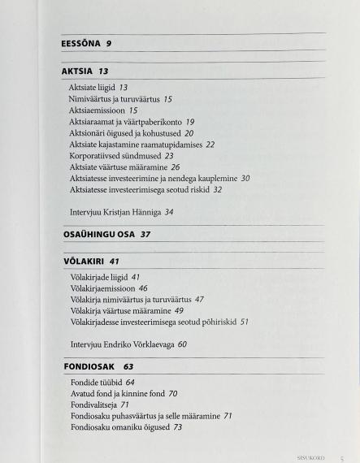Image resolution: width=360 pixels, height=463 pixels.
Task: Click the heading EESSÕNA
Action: [x=80, y=44]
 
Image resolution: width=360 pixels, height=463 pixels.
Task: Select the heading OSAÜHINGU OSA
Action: [x=99, y=234]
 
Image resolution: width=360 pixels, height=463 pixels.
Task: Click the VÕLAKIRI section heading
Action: [x=84, y=262]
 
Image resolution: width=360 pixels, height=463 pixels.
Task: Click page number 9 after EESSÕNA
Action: [x=108, y=44]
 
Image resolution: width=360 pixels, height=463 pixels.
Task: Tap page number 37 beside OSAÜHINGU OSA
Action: [x=145, y=234]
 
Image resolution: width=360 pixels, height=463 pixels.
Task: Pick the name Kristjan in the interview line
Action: [x=119, y=212]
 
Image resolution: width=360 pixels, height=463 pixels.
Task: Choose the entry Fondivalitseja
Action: [x=93, y=404]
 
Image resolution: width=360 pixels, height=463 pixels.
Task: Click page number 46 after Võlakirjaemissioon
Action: [x=143, y=288]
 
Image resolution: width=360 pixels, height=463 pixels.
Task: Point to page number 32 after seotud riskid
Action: [x=217, y=189]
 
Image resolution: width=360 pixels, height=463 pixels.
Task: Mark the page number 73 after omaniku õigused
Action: [x=177, y=426]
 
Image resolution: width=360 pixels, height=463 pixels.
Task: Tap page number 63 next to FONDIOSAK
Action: [x=128, y=366]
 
